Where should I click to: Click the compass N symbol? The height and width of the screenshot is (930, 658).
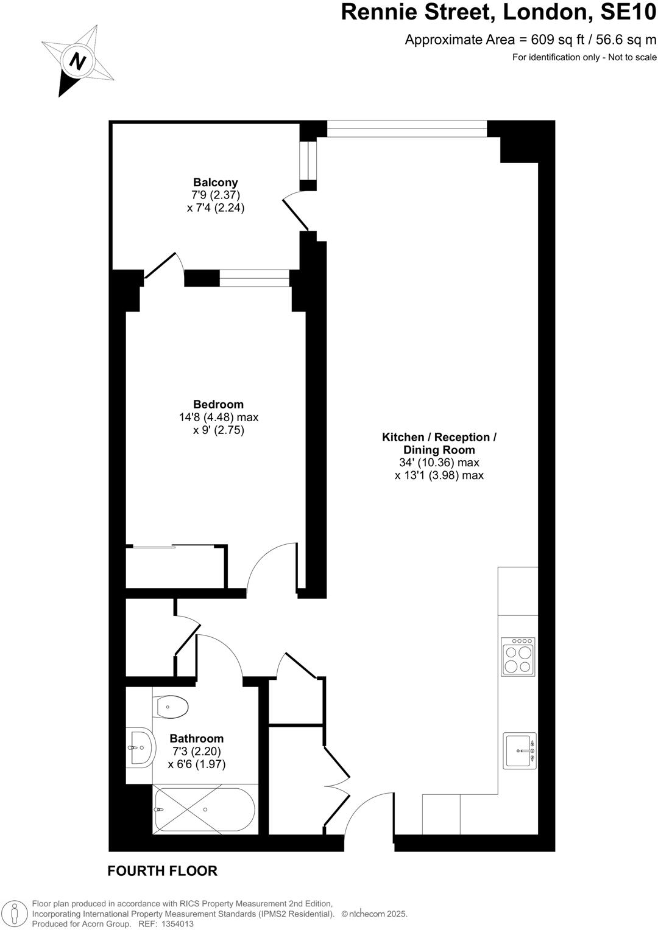[x=77, y=61]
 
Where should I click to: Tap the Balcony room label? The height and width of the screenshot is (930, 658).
[x=215, y=182]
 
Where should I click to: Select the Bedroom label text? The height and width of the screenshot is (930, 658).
[x=218, y=404]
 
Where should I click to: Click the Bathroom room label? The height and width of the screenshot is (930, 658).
[x=196, y=738]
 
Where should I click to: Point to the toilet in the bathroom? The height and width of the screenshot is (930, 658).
[x=171, y=707]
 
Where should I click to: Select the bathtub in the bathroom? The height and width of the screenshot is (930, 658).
[x=205, y=809]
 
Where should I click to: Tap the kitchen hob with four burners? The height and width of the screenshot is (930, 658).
[x=518, y=657]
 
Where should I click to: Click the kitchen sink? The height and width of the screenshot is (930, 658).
[x=520, y=750]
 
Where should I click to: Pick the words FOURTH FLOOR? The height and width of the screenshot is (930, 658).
[x=162, y=871]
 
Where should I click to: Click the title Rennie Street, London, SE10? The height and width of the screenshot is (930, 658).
[x=498, y=12]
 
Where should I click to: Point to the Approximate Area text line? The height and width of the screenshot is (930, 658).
[x=531, y=40]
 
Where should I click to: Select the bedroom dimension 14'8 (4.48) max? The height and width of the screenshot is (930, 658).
[x=218, y=418]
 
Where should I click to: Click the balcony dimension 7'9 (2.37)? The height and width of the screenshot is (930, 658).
[x=215, y=195]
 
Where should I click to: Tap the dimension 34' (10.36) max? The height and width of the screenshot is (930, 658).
[x=439, y=463]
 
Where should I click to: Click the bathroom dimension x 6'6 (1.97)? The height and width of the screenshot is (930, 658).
[x=196, y=764]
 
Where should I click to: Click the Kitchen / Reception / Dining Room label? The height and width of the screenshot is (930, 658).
[x=439, y=444]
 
